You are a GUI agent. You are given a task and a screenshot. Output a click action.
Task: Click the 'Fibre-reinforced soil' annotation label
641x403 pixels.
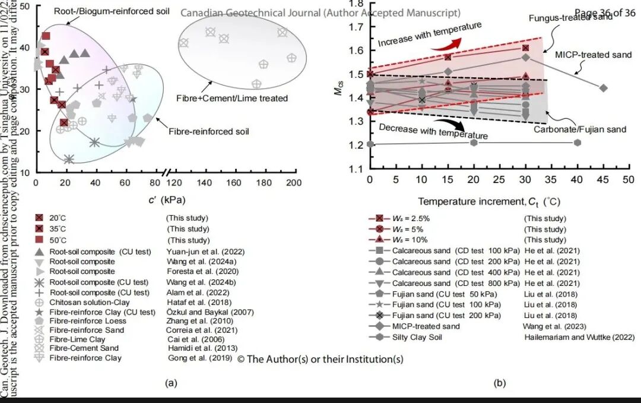[x=208, y=131]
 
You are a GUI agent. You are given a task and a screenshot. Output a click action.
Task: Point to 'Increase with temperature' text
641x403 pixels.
[x=430, y=34]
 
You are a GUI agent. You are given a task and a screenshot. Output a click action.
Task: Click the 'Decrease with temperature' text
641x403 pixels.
[x=433, y=131]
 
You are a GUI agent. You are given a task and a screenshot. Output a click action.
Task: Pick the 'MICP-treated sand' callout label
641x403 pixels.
[x=593, y=55]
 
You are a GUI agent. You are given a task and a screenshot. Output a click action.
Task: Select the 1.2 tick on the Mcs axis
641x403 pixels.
[x=355, y=145]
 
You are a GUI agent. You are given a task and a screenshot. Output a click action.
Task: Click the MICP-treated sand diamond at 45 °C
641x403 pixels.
[x=604, y=88]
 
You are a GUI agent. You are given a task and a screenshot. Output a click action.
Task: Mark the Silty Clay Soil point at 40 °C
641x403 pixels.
[x=577, y=143]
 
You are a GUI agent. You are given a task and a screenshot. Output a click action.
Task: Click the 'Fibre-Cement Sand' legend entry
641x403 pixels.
[x=84, y=348]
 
